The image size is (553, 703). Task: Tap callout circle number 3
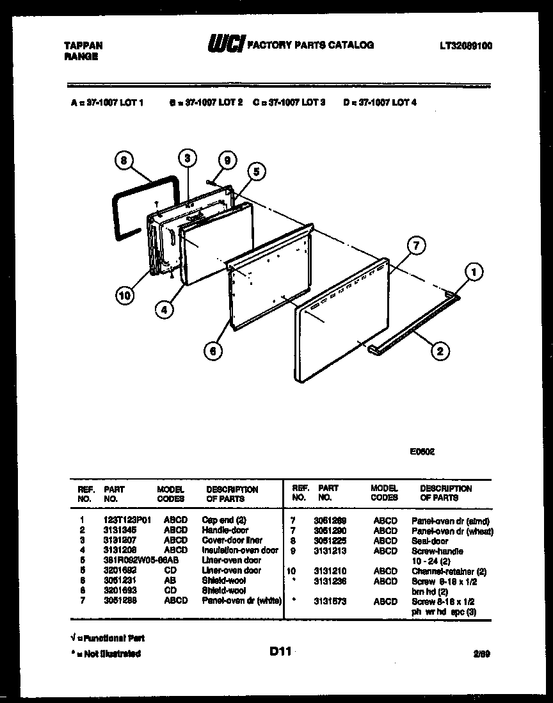[x=186, y=158]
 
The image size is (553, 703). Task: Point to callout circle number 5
[x=255, y=171]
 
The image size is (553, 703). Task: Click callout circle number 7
[x=416, y=245]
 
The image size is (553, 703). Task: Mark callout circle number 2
[x=439, y=350]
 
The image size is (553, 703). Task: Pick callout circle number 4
[x=164, y=309]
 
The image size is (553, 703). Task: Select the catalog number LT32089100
[x=466, y=45]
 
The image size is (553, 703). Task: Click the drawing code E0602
[x=422, y=451]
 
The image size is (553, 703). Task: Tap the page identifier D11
[x=280, y=651]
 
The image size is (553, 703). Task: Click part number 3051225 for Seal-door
[x=333, y=541]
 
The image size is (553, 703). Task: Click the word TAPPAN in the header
[x=83, y=45]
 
